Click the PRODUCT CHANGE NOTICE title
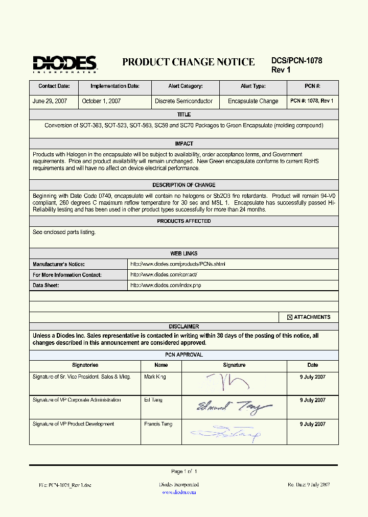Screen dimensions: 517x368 point(188,62)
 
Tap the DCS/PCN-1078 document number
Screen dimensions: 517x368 point(296,60)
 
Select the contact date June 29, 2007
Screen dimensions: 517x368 point(50,101)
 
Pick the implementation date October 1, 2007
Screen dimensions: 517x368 point(101,101)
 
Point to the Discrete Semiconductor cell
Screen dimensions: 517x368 point(183,101)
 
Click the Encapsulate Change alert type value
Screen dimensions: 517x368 point(253,101)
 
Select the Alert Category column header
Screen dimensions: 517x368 point(185,87)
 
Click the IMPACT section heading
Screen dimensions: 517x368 point(183,144)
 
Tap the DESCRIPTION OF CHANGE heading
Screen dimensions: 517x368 point(183,185)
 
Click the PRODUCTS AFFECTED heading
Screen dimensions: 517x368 point(183,221)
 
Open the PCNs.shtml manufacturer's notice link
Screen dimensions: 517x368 point(177,264)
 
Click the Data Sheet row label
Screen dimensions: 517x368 point(45,286)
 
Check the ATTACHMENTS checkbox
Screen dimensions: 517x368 point(289,317)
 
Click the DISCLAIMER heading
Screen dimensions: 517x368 point(183,326)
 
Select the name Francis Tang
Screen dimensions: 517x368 point(158,424)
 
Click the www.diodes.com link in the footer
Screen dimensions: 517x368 point(179,492)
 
